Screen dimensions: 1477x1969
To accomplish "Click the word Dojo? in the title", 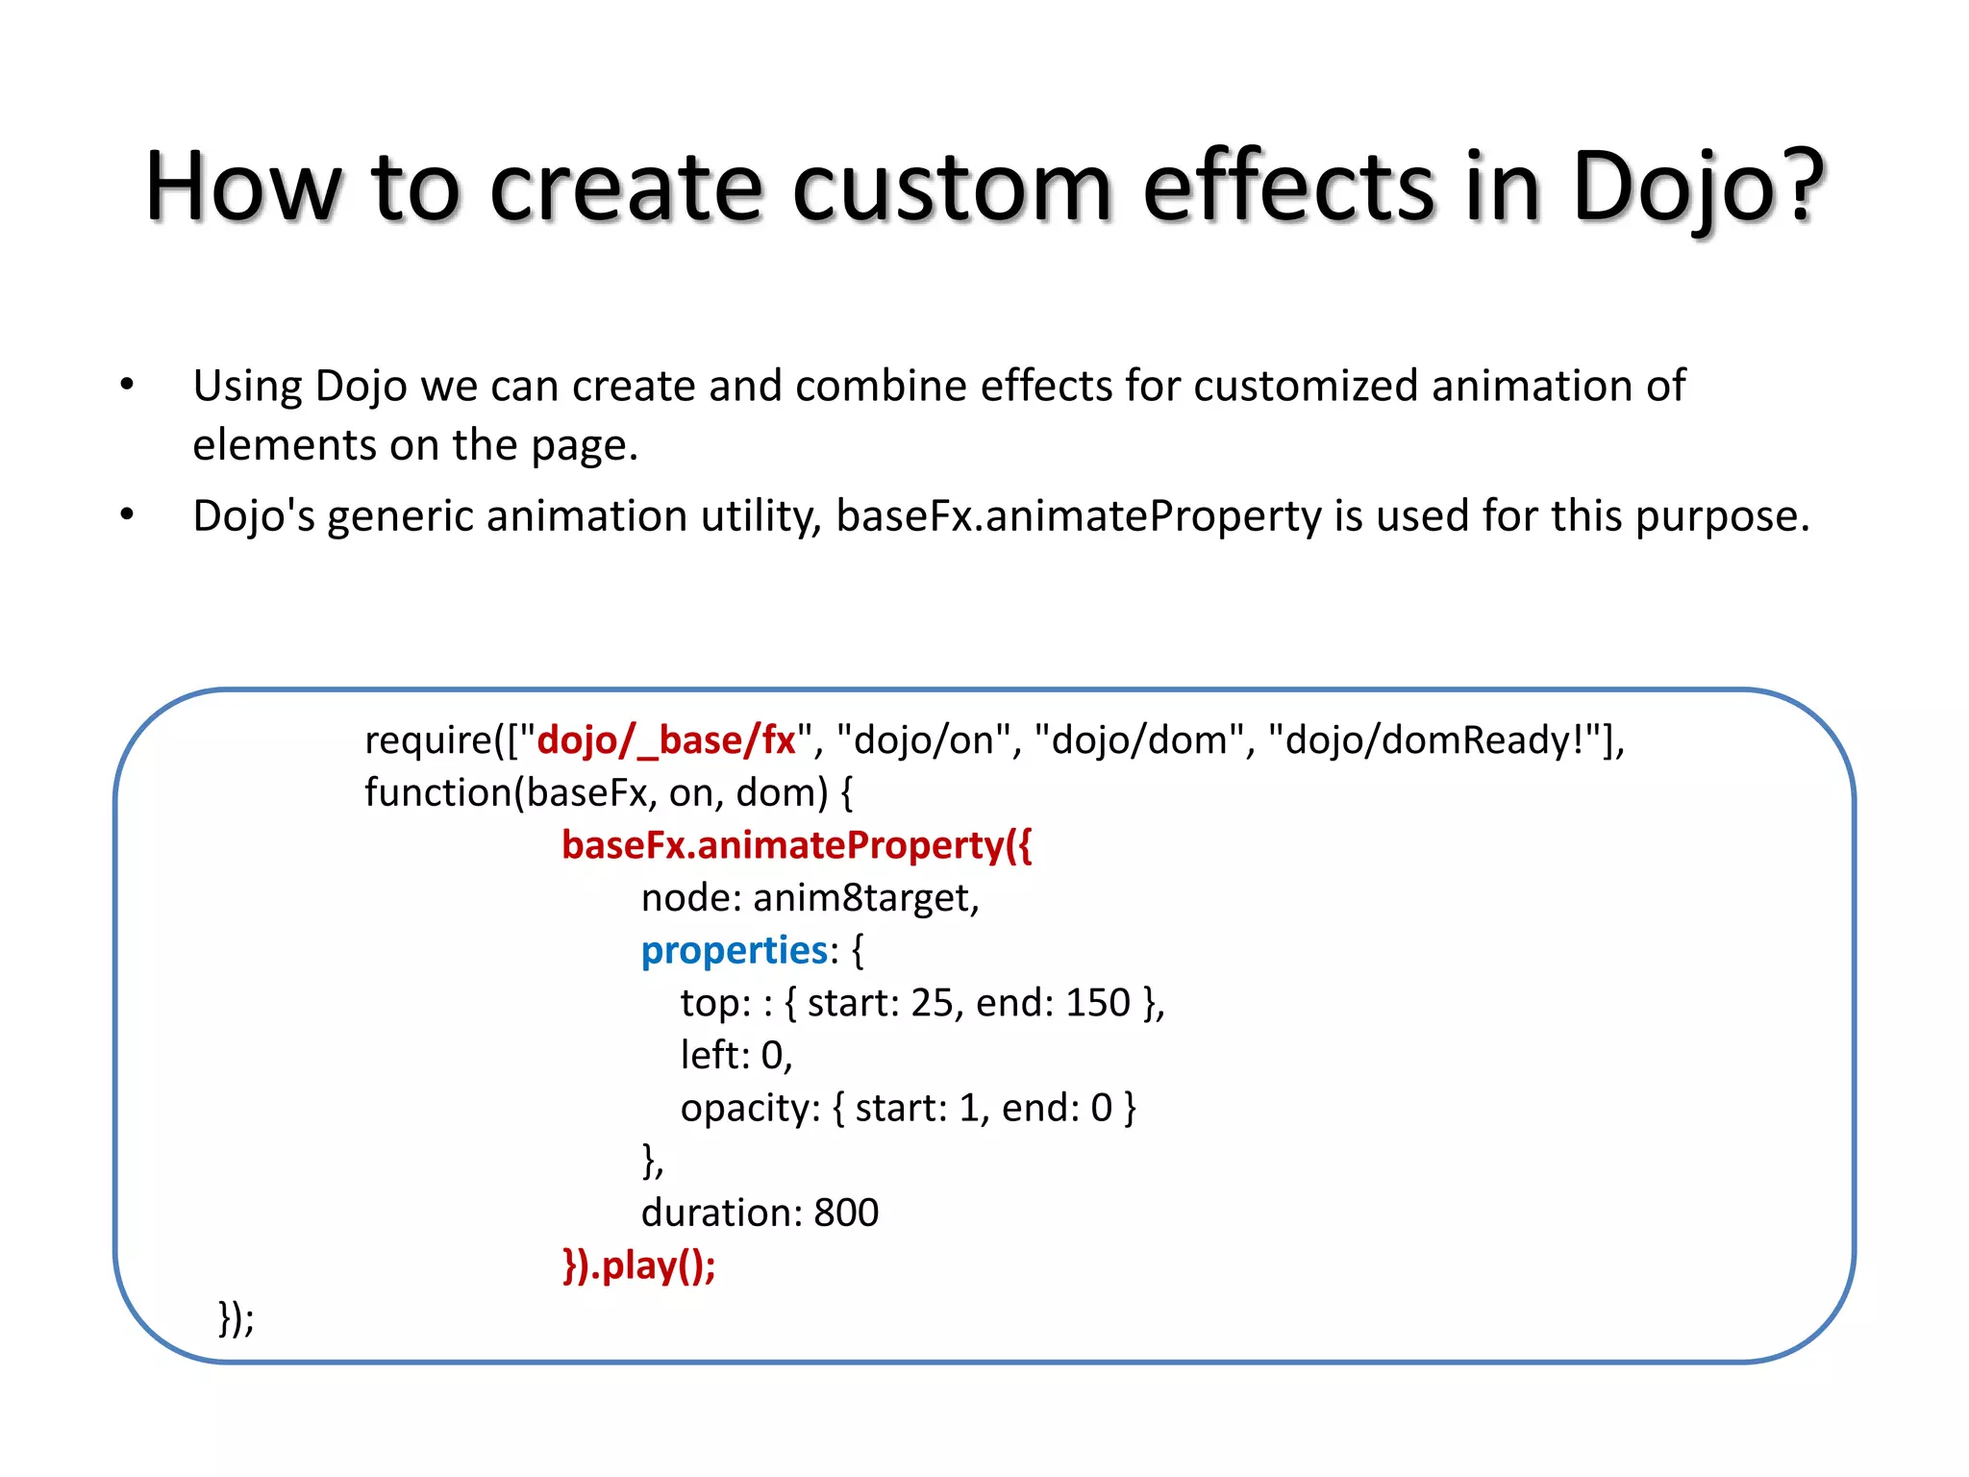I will click(x=1697, y=188).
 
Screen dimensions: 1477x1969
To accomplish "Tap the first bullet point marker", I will click(x=127, y=386).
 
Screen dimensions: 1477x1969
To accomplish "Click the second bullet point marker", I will click(x=127, y=516).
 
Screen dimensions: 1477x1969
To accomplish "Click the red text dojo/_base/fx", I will click(x=665, y=740).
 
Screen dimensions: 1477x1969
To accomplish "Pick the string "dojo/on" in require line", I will click(x=923, y=740).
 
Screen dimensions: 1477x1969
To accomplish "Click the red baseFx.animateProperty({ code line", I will click(x=796, y=845).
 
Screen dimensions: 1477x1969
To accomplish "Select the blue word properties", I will click(x=734, y=950).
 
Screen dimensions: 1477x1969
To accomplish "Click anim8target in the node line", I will click(x=864, y=898).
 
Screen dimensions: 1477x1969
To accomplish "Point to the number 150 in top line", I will click(x=1097, y=1003).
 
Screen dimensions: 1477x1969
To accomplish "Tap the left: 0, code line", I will click(x=736, y=1056).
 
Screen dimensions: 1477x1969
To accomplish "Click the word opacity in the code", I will click(x=747, y=1109).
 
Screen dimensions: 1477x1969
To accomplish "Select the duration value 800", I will click(x=846, y=1214).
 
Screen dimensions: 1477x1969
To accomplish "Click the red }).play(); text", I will click(x=639, y=1265).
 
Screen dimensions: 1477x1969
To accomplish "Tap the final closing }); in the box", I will click(x=237, y=1317).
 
